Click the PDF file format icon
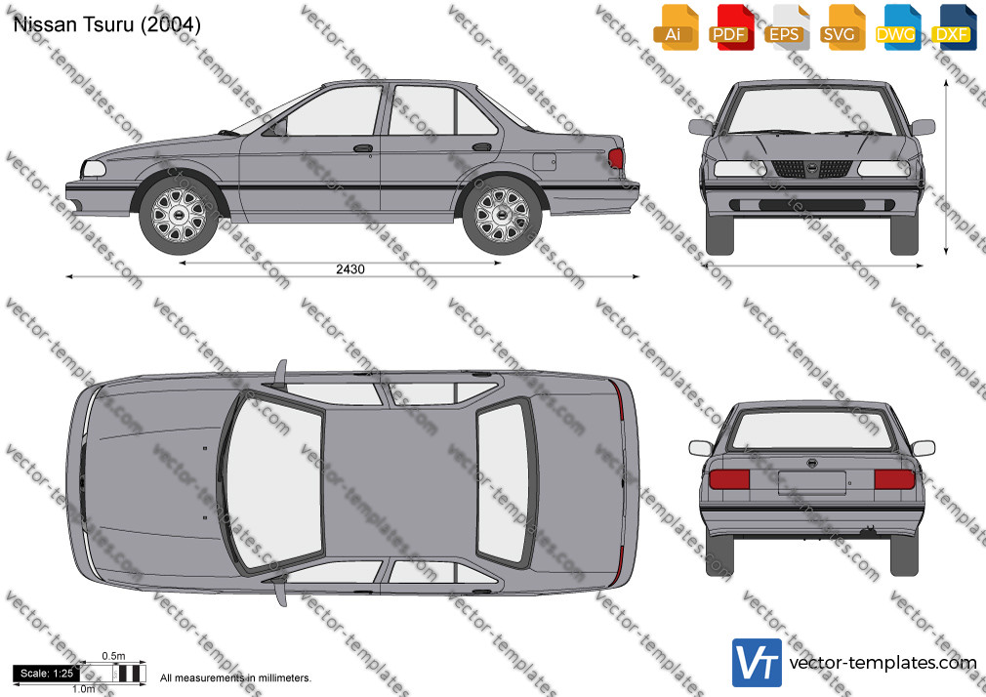coord(730,27)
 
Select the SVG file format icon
coord(842,27)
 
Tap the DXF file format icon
coord(954,27)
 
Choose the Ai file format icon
coord(676,27)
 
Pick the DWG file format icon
coord(898,27)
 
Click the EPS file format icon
coord(787,27)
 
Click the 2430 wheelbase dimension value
coord(350,269)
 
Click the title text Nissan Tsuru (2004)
coord(107,24)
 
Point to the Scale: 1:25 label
coord(47,674)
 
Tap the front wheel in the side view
coord(179,215)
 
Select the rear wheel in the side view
coord(502,215)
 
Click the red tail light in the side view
coord(616,158)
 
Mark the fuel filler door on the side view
coord(545,161)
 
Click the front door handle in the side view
coord(363,148)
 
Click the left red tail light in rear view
coord(729,479)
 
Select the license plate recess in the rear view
coord(812,483)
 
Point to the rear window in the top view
coord(503,483)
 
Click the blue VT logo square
coord(758,663)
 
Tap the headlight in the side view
coord(94,169)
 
